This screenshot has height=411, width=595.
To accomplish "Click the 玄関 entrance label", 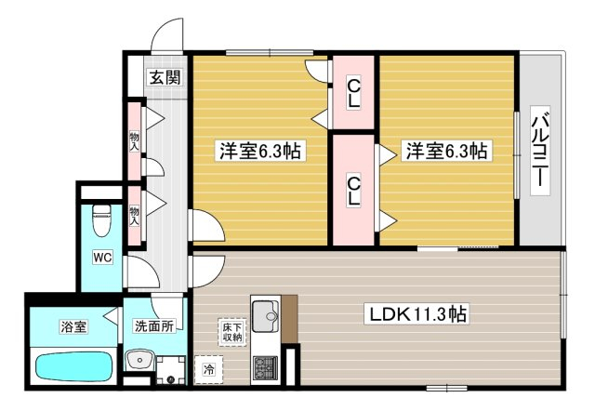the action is [165, 77].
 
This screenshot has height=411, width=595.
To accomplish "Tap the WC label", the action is [102, 258].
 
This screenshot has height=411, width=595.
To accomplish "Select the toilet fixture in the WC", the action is [102, 220].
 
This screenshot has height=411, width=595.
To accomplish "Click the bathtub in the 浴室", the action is [74, 365].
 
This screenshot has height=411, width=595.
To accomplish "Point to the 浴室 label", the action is [73, 326].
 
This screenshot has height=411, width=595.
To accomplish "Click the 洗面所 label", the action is [154, 325].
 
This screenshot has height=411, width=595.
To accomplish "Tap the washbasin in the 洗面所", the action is [140, 360].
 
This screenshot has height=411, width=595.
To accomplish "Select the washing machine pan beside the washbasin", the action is [171, 370].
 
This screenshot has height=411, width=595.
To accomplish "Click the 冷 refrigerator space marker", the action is [208, 369].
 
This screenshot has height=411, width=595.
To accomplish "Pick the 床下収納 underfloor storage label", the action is [232, 332].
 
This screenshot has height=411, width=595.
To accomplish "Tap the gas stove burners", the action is [265, 367].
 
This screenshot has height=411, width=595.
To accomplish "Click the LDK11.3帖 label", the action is [416, 313].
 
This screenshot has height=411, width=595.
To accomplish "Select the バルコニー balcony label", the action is [540, 151].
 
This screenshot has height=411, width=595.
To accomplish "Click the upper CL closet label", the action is [353, 93].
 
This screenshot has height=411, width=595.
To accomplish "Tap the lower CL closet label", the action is [353, 191].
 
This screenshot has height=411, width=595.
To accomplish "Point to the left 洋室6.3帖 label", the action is [260, 151].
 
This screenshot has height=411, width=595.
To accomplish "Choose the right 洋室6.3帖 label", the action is [446, 151].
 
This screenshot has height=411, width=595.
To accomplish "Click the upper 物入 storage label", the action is [134, 141].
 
